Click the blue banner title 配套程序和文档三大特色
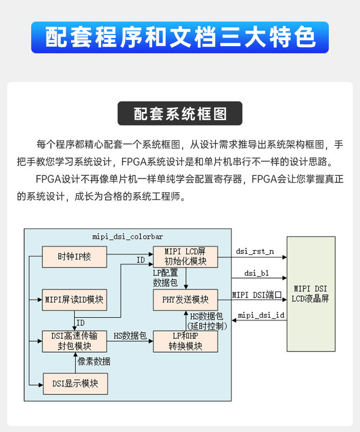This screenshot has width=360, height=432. (x=180, y=37)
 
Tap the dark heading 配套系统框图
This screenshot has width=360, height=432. (x=180, y=114)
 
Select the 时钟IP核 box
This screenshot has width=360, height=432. (x=74, y=257)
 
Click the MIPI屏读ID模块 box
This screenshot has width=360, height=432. (x=74, y=300)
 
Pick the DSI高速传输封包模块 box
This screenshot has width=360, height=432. (x=74, y=341)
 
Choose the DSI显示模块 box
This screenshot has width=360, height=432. (x=74, y=383)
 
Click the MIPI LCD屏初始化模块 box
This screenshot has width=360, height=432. (x=185, y=257)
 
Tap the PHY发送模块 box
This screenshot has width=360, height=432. (x=185, y=300)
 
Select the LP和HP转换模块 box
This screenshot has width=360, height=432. (x=185, y=341)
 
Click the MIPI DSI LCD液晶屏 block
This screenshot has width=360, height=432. (x=311, y=294)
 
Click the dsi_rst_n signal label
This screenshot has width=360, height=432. (x=255, y=251)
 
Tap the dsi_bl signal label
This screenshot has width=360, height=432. (x=256, y=273)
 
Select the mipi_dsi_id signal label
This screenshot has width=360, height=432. (x=261, y=316)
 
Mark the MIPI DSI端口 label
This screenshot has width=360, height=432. (x=257, y=294)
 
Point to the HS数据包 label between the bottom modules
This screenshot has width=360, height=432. (x=130, y=336)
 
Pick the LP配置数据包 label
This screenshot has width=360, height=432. (x=165, y=278)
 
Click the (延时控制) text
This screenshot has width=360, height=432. (x=206, y=325)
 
